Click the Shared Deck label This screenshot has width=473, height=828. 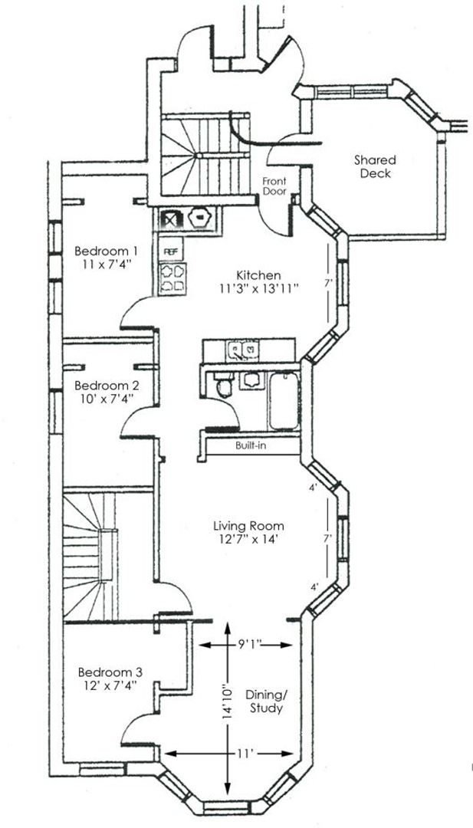pos(375,166)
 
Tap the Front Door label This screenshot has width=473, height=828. pos(274,186)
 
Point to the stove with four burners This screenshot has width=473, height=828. pos(172,278)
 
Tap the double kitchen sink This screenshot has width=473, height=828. pos(243,349)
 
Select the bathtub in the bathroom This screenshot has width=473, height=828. pos(284,400)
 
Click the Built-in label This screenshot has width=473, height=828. pos(251,445)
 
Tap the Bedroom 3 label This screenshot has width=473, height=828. pos(110,672)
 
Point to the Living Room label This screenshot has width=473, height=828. pos(248,526)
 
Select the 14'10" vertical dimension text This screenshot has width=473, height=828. pos(228,700)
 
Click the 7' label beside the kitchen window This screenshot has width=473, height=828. pos(328,284)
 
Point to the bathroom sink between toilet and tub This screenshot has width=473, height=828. pos(251,379)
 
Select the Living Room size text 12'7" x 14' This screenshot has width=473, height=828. pos(249,539)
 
